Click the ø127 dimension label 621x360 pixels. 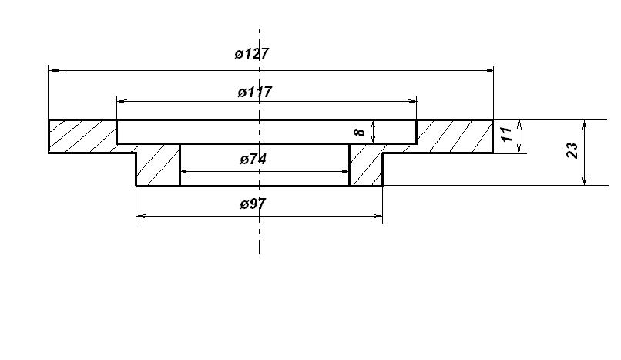tap(251, 53)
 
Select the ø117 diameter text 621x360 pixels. tap(255, 93)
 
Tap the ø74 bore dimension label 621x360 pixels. tap(253, 160)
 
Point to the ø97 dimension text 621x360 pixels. tap(253, 204)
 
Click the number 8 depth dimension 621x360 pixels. tap(360, 131)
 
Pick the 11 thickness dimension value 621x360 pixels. tap(506, 134)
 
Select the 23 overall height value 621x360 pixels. tap(572, 150)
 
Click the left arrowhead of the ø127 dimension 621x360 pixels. tap(55, 71)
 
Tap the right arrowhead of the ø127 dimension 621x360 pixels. tap(487, 71)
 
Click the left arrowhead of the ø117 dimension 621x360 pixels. tap(123, 102)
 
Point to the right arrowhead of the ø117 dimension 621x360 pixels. tap(411, 102)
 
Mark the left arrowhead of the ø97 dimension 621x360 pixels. tap(142, 217)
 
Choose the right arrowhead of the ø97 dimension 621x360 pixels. tap(377, 217)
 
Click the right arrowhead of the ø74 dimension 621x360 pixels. tap(344, 171)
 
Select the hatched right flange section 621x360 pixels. tap(455, 136)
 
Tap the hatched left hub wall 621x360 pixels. tap(158, 165)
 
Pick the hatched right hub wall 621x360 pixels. tap(366, 165)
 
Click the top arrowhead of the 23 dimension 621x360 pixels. tap(585, 125)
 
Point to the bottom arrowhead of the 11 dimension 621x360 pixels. tap(519, 148)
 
